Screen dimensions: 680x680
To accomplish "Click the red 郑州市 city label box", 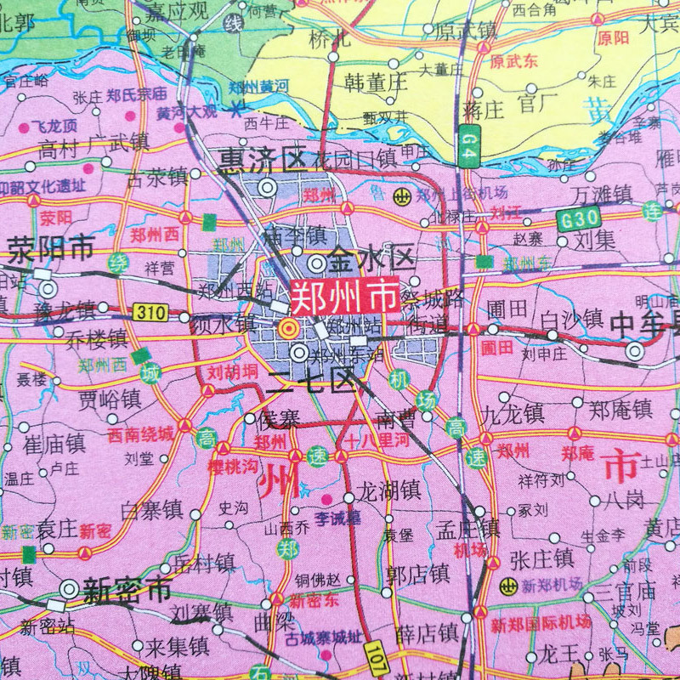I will point(344,297).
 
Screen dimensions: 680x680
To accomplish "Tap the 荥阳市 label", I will point(51,248).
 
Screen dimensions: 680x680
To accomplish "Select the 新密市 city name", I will point(127,589).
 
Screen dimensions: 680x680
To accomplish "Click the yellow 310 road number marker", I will point(150,312).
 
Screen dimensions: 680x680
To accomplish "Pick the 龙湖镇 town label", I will point(388,490).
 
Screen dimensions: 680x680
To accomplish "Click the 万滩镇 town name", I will point(602,194).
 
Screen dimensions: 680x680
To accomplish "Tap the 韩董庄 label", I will point(377,82).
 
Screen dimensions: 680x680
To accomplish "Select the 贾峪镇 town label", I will point(110,399).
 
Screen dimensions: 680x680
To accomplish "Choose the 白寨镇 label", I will point(152,509).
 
